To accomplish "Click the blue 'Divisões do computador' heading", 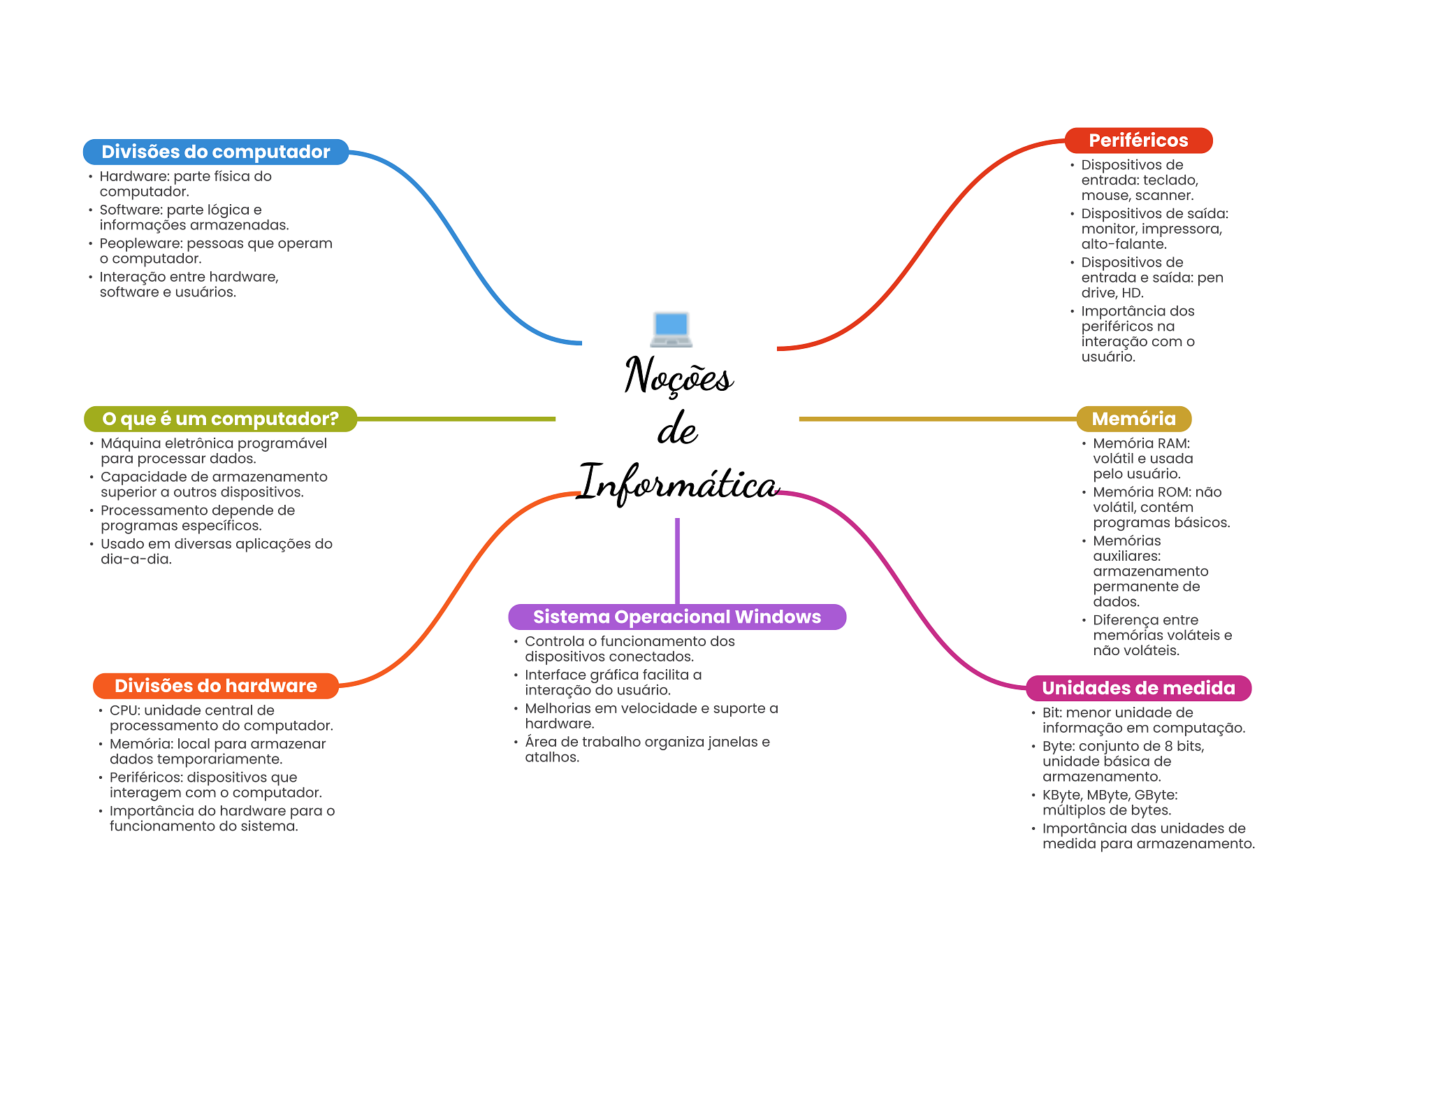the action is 216,152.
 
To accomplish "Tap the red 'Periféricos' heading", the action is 1138,141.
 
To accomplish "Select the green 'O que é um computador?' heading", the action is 220,419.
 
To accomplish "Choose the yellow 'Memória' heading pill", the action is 1133,419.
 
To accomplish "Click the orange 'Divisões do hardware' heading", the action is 216,686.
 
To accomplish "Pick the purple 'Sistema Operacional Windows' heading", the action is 677,617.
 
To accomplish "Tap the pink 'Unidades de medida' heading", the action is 1138,688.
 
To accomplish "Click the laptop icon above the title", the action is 671,329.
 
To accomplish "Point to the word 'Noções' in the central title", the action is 678,375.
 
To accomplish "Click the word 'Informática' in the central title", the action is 678,482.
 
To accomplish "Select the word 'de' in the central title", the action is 677,429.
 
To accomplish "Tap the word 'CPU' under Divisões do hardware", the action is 123,710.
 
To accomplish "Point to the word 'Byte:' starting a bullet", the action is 1059,747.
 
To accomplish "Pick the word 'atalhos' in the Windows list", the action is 552,757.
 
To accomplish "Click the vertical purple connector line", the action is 677,561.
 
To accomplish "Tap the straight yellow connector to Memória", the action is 938,419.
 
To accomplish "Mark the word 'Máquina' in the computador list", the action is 129,444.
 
